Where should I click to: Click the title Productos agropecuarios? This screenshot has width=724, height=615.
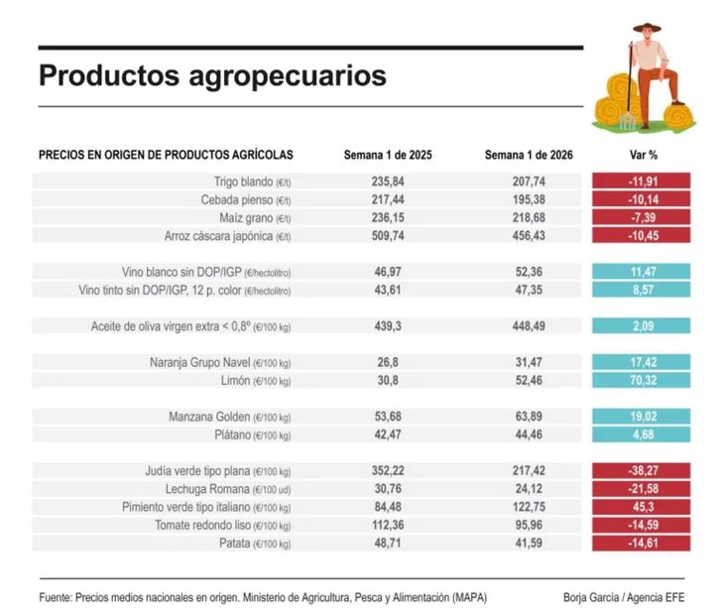point(212,76)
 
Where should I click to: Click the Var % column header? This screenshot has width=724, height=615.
point(644,155)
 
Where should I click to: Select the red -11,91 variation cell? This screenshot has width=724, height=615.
point(641,182)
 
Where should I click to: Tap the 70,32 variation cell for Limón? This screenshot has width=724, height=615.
point(641,380)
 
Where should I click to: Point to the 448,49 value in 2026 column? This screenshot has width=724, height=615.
point(529,325)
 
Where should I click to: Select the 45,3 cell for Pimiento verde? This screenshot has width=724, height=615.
point(641,507)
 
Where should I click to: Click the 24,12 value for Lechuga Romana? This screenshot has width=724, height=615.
point(529,489)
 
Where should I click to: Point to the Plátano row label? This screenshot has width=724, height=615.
point(252,434)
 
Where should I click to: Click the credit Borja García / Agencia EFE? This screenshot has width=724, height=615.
point(622,597)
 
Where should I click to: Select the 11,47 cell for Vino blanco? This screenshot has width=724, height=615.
point(641,271)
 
